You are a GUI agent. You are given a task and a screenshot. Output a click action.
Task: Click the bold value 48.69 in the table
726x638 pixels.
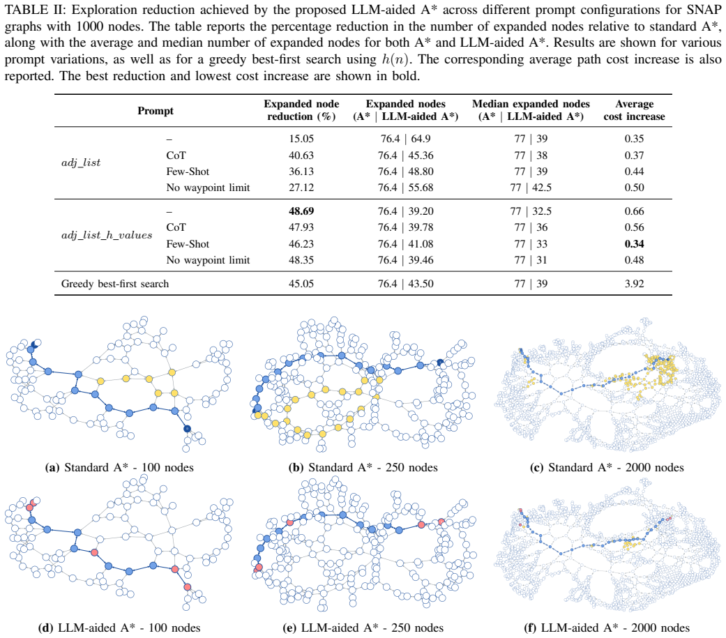pyautogui.click(x=301, y=211)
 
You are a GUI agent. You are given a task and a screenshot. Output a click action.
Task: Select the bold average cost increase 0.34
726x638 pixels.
pyautogui.click(x=635, y=244)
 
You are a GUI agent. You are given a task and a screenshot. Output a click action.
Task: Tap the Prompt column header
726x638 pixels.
pyautogui.click(x=155, y=111)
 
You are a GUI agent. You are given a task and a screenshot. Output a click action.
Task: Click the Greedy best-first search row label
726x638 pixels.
pyautogui.click(x=115, y=284)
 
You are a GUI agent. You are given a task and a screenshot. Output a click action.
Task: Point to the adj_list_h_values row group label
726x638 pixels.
pyautogui.click(x=107, y=235)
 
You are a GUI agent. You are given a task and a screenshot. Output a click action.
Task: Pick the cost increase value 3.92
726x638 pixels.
pyautogui.click(x=635, y=284)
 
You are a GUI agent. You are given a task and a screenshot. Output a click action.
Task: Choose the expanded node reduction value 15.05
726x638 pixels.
pyautogui.click(x=301, y=139)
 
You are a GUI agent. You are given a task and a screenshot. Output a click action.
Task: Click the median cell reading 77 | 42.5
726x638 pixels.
pyautogui.click(x=531, y=188)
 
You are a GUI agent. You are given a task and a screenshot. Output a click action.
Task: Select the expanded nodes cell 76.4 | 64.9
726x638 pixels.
pyautogui.click(x=406, y=139)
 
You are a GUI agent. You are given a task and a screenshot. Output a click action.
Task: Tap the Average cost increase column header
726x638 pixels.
pyautogui.click(x=635, y=110)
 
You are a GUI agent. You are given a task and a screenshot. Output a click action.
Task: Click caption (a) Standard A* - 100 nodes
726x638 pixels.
pyautogui.click(x=119, y=468)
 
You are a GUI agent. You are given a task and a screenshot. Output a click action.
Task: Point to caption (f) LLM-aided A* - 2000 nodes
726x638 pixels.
pyautogui.click(x=607, y=628)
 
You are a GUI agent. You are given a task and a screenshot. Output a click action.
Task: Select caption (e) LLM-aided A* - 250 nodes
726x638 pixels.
pyautogui.click(x=363, y=628)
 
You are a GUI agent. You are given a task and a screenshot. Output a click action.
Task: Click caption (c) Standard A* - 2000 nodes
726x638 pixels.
pyautogui.click(x=607, y=468)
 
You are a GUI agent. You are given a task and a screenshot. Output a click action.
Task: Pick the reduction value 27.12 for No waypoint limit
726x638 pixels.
pyautogui.click(x=301, y=188)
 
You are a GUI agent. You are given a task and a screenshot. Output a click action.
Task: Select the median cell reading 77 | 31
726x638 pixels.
pyautogui.click(x=531, y=260)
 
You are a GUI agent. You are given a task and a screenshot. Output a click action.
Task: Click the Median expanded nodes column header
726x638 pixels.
pyautogui.click(x=531, y=110)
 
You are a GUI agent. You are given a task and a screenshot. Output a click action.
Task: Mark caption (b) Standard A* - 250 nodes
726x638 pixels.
pyautogui.click(x=363, y=468)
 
